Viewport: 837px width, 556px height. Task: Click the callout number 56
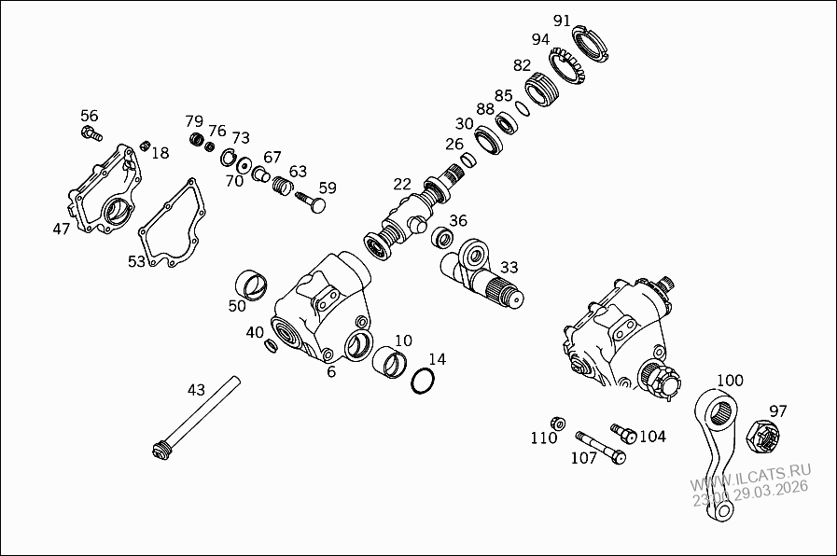pos(89,116)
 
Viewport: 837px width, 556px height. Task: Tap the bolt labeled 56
pos(91,135)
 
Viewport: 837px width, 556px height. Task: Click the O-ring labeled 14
pos(423,382)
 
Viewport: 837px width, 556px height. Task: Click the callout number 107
pos(583,458)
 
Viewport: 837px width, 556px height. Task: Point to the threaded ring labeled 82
pos(540,91)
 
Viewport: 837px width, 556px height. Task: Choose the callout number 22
pos(401,184)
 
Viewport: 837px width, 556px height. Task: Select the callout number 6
pos(330,371)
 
